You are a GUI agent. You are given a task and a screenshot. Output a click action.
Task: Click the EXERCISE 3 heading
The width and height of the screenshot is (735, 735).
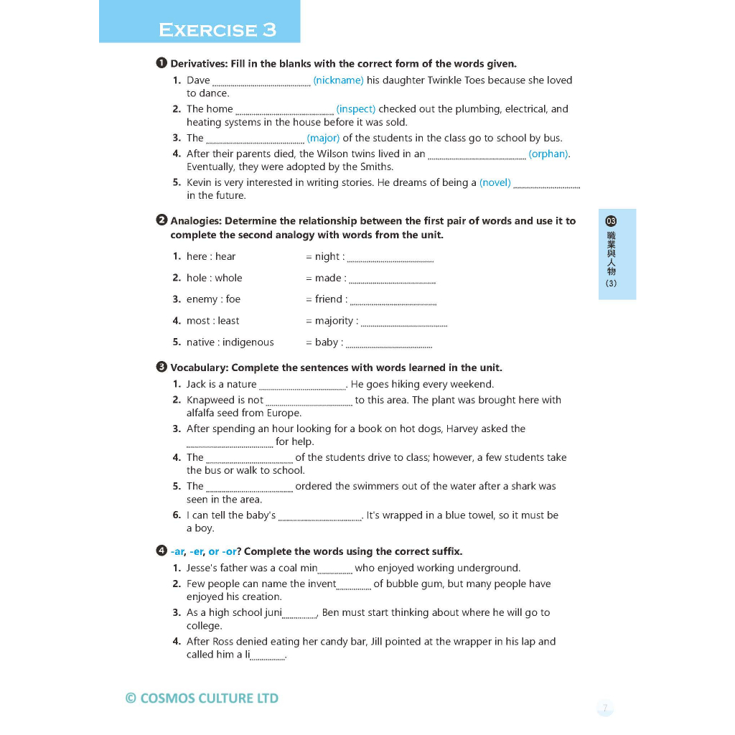[217, 29]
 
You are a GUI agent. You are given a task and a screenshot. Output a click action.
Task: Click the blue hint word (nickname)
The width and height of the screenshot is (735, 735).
[338, 80]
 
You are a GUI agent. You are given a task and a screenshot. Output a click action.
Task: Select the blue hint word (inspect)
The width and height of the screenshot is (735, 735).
[356, 109]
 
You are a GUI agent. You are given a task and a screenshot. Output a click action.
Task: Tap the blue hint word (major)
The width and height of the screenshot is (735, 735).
[323, 138]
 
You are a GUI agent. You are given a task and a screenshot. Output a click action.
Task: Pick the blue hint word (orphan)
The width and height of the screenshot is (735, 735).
[549, 154]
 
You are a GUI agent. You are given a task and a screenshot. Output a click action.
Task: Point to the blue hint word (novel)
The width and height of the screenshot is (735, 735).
[495, 182]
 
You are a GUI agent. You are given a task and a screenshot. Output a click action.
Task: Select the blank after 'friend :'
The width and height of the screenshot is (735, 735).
[393, 301]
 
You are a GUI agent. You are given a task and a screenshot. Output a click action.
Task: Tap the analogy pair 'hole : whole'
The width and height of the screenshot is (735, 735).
[214, 278]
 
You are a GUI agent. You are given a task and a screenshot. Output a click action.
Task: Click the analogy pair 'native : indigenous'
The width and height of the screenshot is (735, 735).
[230, 342]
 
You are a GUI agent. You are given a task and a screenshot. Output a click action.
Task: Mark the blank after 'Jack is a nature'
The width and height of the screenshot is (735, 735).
[301, 386]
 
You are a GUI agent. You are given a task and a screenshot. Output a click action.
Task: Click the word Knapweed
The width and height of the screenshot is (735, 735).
[210, 400]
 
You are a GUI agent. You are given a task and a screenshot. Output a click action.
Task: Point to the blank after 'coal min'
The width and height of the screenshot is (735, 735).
[334, 571]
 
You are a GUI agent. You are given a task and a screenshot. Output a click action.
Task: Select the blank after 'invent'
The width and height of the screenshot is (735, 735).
[353, 586]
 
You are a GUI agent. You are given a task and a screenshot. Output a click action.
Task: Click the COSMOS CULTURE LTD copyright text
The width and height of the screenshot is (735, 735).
[202, 698]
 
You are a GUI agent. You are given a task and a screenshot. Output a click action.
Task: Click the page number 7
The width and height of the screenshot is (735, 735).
[605, 708]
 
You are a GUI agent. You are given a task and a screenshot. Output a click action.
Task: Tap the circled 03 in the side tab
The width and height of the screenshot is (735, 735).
[611, 221]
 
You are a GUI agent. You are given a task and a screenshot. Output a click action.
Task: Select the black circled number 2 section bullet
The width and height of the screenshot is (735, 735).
[161, 220]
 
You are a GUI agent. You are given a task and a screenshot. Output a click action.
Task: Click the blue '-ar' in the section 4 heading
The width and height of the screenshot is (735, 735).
[178, 551]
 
